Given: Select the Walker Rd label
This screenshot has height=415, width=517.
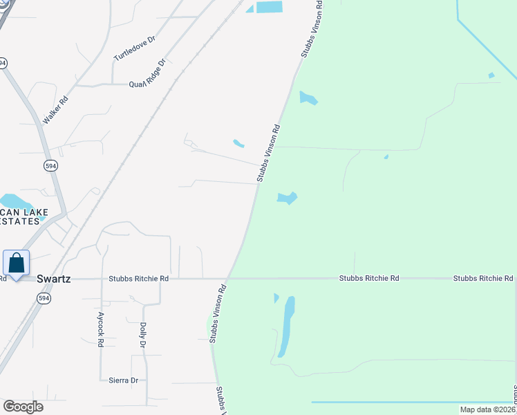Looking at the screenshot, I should point(56,110).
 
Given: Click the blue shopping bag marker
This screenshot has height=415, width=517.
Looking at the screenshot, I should point(16,263).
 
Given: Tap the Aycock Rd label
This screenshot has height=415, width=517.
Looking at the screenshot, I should point(100,332).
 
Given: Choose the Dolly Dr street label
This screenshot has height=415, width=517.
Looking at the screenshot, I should point(143,335).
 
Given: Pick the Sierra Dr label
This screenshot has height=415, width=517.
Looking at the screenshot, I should point(124,380).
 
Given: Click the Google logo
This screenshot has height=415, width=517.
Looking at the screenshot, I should point(23,407).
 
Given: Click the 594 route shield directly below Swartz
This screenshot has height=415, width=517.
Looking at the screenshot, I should point(44,297).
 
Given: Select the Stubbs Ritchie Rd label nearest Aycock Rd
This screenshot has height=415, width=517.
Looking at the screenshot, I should point(138,278).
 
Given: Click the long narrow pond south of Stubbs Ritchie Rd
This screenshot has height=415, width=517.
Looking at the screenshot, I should point(286,326).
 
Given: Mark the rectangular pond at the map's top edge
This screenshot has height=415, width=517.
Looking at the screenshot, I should point(270,7).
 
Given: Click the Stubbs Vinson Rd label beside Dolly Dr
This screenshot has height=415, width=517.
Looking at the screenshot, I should point(218,313).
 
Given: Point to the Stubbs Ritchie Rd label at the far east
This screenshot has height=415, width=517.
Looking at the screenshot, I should point(483,278).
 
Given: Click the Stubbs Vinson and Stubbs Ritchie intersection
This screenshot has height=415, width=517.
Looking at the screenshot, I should point(229,279).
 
